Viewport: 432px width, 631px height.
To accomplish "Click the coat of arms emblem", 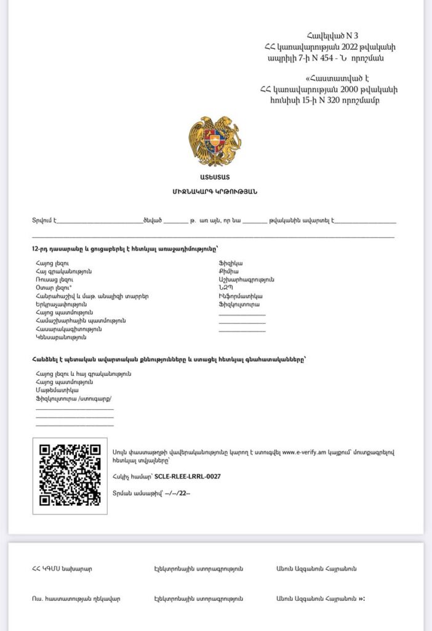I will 214,142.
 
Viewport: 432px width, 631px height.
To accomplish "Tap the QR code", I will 70,475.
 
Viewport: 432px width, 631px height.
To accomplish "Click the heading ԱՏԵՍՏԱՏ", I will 215,178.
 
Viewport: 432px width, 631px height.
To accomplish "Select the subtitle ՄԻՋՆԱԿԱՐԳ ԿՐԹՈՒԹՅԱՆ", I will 215,192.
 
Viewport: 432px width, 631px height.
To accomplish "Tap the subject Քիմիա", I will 228,271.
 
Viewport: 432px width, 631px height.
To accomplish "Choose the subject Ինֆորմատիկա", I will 236,296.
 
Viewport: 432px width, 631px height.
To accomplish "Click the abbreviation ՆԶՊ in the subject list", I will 226,288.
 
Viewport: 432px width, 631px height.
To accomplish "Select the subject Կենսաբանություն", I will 61,337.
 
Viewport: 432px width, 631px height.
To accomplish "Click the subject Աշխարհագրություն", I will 246,280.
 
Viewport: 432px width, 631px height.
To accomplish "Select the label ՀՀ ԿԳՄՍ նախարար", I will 62,569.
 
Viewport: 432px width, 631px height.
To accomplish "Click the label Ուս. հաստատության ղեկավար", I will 76,598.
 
